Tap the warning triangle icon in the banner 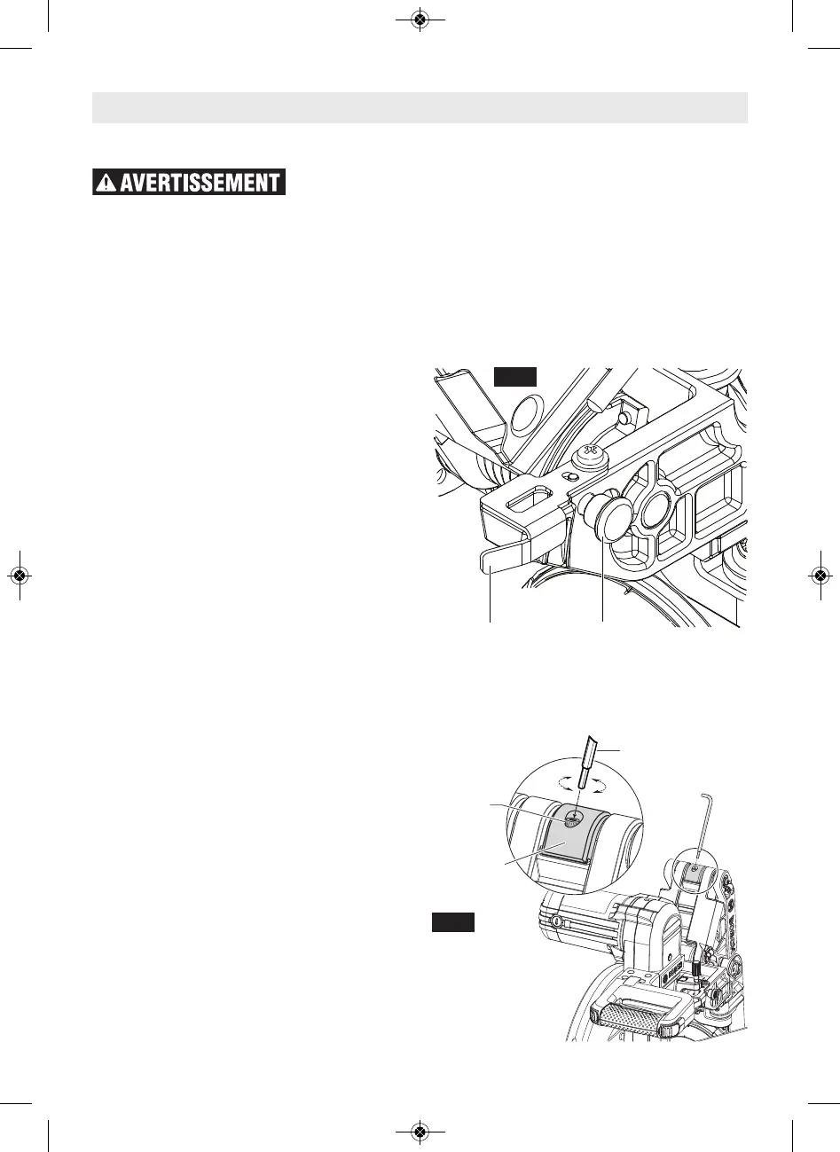tap(106, 183)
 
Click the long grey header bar tap(420, 107)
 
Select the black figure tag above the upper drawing tap(515, 376)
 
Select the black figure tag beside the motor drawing tap(453, 921)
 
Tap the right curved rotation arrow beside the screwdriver tap(608, 783)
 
